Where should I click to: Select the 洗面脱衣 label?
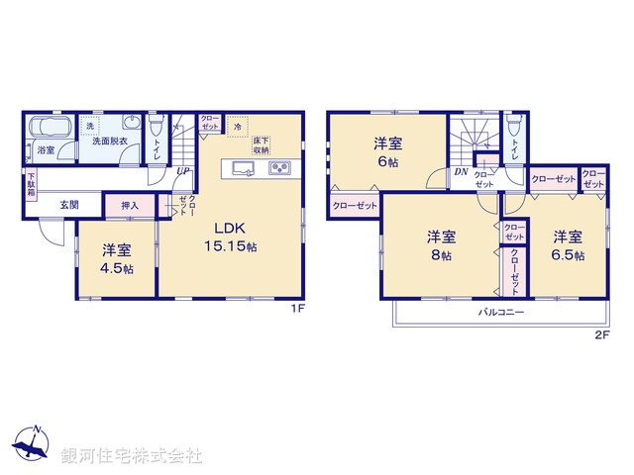pos(109,142)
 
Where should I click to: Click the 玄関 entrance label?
pos(68,206)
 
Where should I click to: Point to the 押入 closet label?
pos(130,206)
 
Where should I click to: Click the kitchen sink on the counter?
pos(243,168)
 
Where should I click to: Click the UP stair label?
pos(183,170)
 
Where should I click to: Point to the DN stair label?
pos(461,171)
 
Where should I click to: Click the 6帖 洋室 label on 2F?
pos(386,149)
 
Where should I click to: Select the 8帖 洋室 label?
pos(441,245)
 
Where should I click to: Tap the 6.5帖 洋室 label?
pos(567,245)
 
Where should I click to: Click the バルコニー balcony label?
pos(501,311)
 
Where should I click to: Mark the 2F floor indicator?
pos(600,334)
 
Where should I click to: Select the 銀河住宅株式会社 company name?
pos(132,456)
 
